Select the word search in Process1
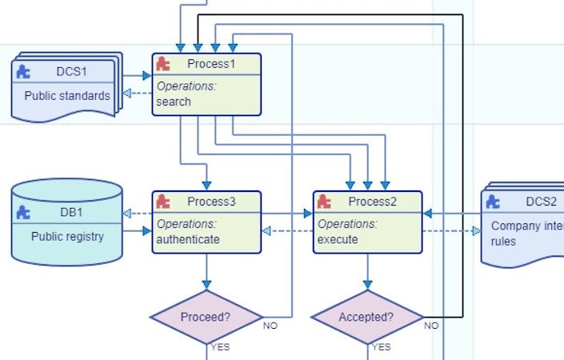click(174, 102)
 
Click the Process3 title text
click(212, 202)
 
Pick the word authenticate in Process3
click(188, 238)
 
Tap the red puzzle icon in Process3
click(163, 202)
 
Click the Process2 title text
click(373, 202)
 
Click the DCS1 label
click(69, 71)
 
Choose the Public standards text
click(67, 96)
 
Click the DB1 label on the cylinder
click(70, 212)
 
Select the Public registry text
click(67, 236)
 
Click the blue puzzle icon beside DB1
click(25, 212)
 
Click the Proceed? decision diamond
click(206, 317)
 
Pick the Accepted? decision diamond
click(366, 317)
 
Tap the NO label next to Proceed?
click(270, 326)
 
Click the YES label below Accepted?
click(382, 347)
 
